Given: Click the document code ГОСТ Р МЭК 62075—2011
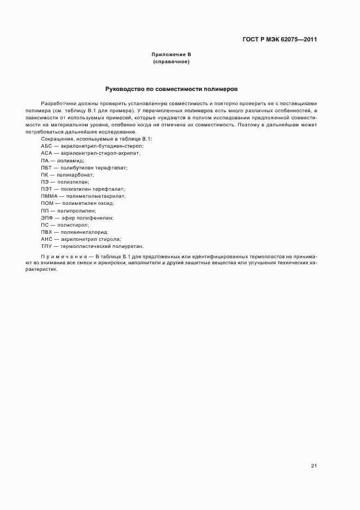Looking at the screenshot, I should [x=279, y=39].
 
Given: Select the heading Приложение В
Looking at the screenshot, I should [x=171, y=55].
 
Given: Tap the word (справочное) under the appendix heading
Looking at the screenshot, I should [x=171, y=62].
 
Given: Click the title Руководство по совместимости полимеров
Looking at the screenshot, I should [x=171, y=88].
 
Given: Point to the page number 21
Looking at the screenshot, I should [x=314, y=466].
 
